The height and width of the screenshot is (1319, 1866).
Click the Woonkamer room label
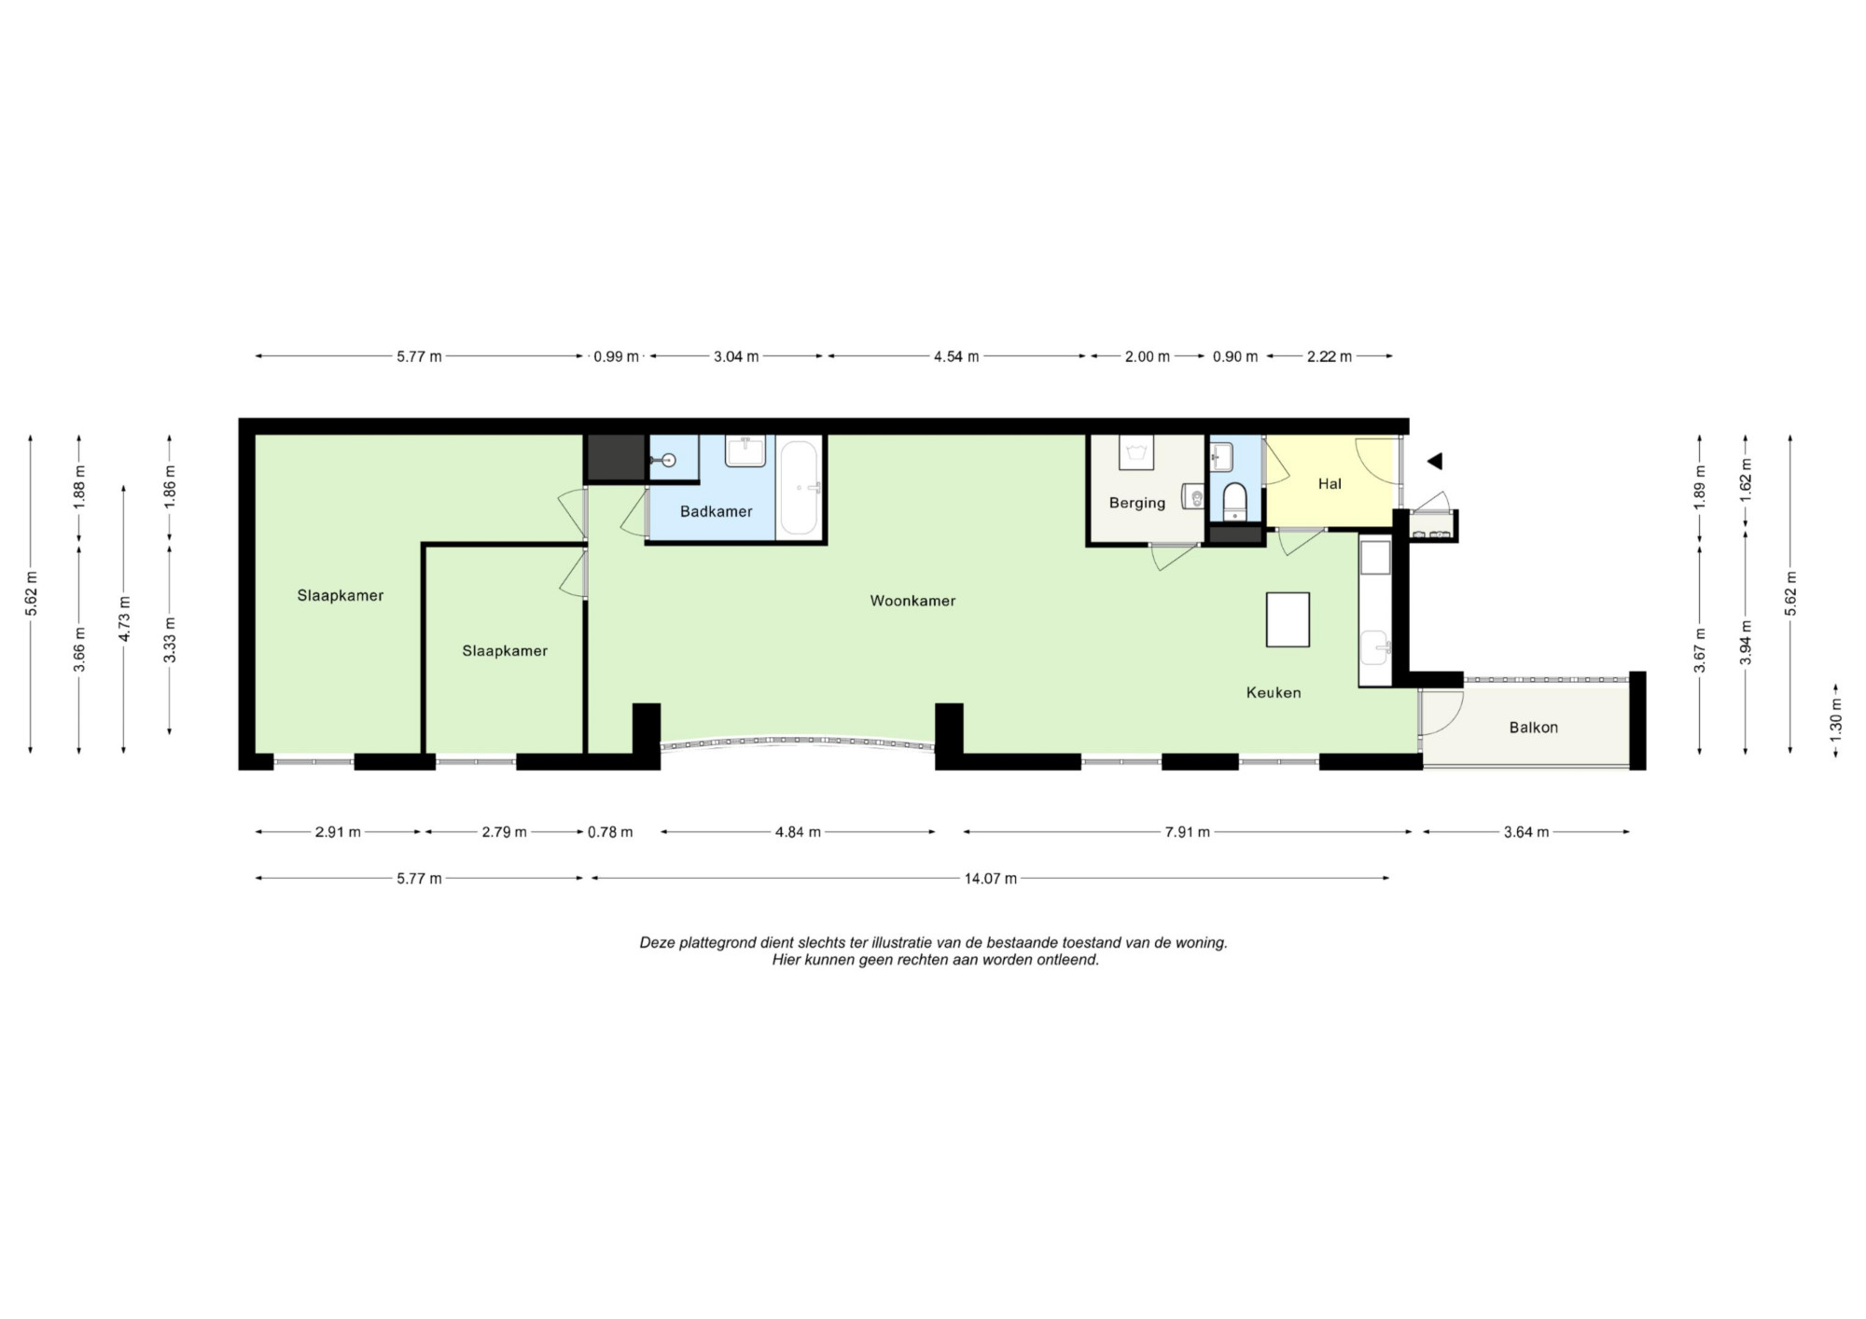coord(912,601)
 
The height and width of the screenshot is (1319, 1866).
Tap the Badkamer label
coord(716,511)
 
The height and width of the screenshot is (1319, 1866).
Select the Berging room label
coord(1136,503)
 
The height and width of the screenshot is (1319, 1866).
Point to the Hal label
coord(1330,483)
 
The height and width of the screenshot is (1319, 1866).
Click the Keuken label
coord(1274,692)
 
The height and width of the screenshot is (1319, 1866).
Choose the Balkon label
coord(1533,728)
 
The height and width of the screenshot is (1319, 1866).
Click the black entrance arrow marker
coord(1435,461)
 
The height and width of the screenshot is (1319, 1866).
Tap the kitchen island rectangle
coord(1288,619)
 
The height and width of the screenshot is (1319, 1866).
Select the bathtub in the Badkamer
coord(800,488)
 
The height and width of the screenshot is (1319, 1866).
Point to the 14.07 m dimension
coord(990,878)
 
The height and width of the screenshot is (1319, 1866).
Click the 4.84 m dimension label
coord(798,832)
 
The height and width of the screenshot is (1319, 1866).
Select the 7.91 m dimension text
coord(1187,832)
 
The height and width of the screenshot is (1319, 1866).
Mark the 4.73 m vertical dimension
coord(124,618)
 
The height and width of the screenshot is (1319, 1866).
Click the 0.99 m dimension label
coord(616,356)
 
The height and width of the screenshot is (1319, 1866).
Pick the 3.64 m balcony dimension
coord(1526,832)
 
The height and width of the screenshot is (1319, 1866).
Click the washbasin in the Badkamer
coord(745,451)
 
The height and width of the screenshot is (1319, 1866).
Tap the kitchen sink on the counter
coord(1375,647)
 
